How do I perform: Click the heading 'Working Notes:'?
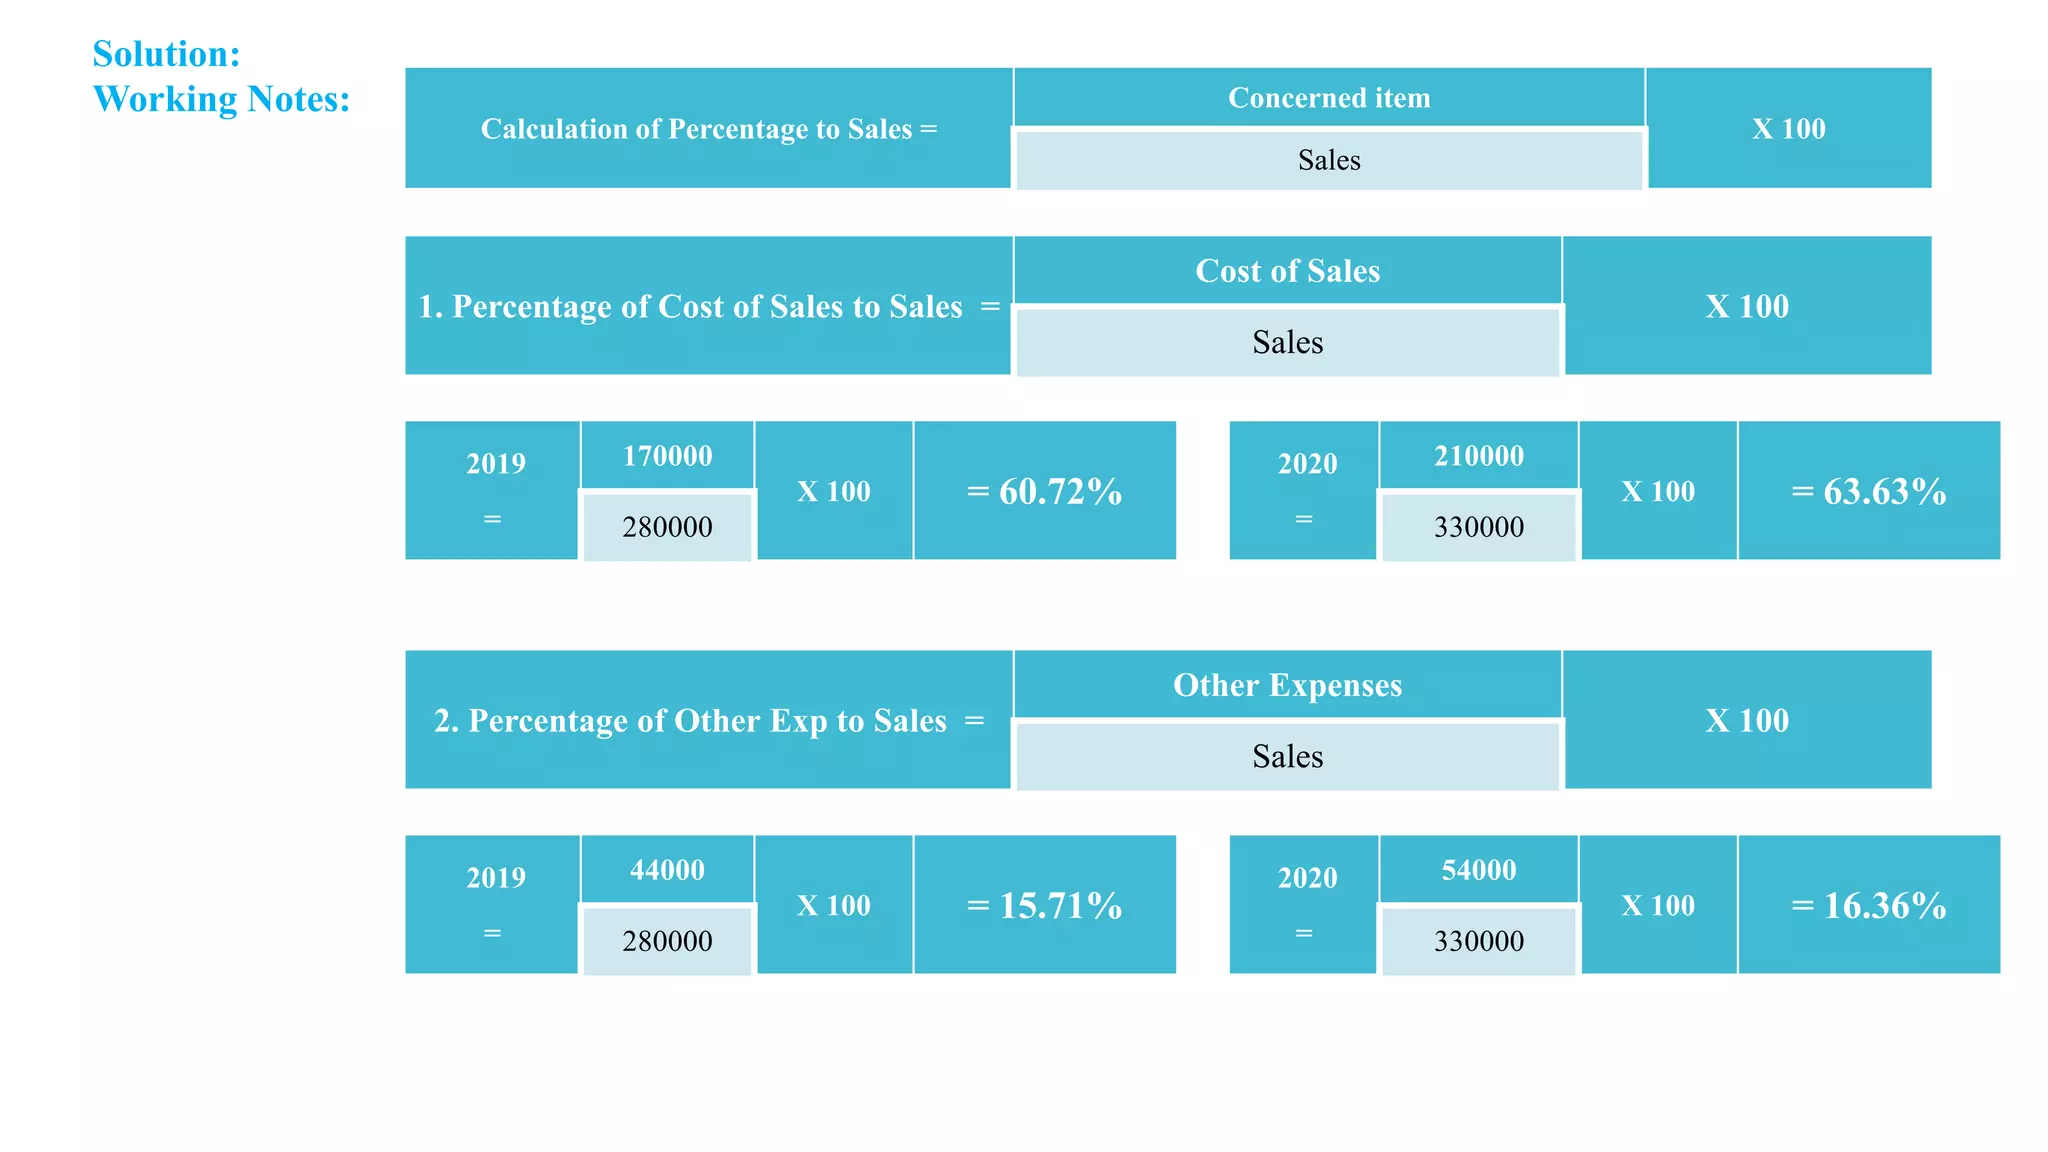point(221,99)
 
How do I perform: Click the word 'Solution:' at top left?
point(166,54)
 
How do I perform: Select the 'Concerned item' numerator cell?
point(1328,98)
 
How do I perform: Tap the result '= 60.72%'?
point(1044,491)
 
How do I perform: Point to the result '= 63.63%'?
point(1868,491)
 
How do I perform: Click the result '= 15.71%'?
point(1044,905)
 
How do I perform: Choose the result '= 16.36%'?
point(1868,905)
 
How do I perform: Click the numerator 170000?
point(667,456)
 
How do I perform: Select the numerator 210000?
point(1478,456)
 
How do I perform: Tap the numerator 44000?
point(667,870)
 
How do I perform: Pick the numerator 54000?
point(1478,870)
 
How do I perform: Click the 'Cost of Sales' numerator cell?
point(1287,271)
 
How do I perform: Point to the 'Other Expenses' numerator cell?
point(1287,685)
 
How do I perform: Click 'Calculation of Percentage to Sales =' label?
point(708,129)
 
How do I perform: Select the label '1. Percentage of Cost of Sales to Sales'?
point(690,306)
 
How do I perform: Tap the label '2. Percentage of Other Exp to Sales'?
point(690,721)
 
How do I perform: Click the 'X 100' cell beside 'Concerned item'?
point(1788,129)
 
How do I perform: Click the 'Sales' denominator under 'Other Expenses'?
point(1287,756)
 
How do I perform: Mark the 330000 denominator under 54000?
point(1478,941)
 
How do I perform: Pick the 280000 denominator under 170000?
point(667,527)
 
